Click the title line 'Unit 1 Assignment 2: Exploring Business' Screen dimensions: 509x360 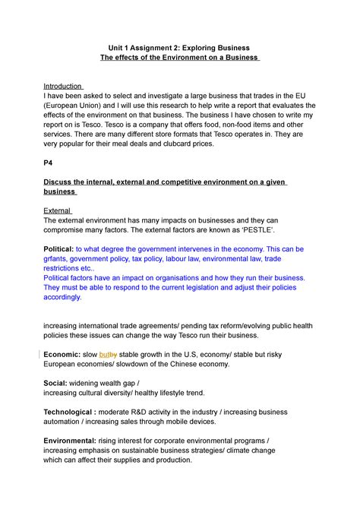tap(178, 47)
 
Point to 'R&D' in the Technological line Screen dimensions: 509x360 tap(142, 413)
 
